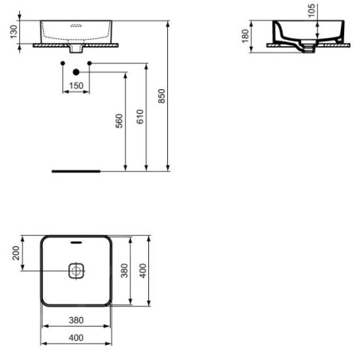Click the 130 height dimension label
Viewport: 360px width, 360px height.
pos(14,32)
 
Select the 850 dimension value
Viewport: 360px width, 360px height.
pos(162,96)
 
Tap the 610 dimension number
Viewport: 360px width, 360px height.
pos(140,116)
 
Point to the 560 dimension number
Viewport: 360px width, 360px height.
pos(119,121)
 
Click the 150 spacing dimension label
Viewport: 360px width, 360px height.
pos(76,85)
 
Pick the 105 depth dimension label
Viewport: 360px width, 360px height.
pos(311,10)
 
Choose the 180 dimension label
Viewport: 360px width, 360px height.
pos(245,36)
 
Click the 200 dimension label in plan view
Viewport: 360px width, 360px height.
pos(16,253)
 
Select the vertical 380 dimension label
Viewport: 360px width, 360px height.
pos(124,271)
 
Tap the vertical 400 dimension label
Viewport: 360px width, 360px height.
pos(143,271)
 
